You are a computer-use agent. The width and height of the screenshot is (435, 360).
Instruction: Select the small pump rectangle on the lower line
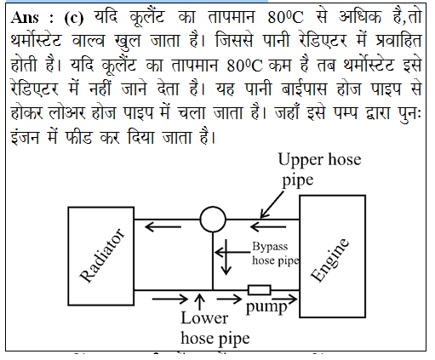point(260,290)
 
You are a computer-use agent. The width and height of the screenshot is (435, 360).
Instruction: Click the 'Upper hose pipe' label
point(319,169)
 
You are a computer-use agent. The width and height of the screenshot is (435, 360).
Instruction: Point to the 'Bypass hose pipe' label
point(275,254)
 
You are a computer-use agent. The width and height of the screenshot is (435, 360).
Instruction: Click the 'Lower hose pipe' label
point(215,329)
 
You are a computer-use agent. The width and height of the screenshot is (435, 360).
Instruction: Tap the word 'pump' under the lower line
point(266,307)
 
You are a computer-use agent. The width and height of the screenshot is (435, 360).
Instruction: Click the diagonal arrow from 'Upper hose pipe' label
point(272,204)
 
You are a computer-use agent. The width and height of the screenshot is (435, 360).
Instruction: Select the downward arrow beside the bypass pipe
point(226,257)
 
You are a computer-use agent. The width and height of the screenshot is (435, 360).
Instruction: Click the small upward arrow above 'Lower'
point(200,302)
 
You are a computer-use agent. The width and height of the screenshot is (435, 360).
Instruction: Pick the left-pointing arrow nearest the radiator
point(163,226)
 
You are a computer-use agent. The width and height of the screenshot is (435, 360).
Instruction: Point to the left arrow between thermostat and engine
point(268,226)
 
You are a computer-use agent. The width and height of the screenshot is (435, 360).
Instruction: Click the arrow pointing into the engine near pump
point(284,299)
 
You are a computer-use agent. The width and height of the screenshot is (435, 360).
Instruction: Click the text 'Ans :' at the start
point(31,18)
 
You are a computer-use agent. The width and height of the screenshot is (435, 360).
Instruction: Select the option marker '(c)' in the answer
point(74,18)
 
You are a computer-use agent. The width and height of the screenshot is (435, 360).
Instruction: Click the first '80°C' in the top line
point(285,18)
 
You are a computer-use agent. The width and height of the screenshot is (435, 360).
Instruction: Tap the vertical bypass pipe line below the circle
point(213,261)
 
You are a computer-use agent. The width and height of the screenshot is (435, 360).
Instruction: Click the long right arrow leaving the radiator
point(170,299)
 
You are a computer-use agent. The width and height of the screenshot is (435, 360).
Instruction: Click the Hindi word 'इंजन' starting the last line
point(25,138)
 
